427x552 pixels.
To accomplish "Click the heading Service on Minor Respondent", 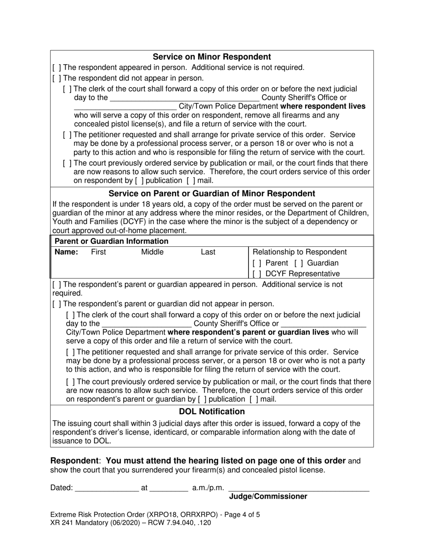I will (212, 57).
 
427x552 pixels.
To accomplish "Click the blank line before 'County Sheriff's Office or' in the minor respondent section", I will (184, 98).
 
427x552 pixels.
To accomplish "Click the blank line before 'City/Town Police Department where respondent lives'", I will (125, 107).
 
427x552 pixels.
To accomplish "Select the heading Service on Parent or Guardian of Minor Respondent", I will (212, 193).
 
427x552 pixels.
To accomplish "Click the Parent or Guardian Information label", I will (111, 241).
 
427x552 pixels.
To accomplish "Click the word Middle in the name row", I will (152, 252).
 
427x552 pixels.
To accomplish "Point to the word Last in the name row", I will (208, 252).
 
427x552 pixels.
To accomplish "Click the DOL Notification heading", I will (212, 412).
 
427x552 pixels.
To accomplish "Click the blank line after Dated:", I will (107, 488).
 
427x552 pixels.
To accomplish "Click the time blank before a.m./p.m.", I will (169, 488).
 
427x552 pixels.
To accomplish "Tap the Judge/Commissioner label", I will (268, 496).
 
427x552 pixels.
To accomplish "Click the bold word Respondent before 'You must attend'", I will (74, 461).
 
